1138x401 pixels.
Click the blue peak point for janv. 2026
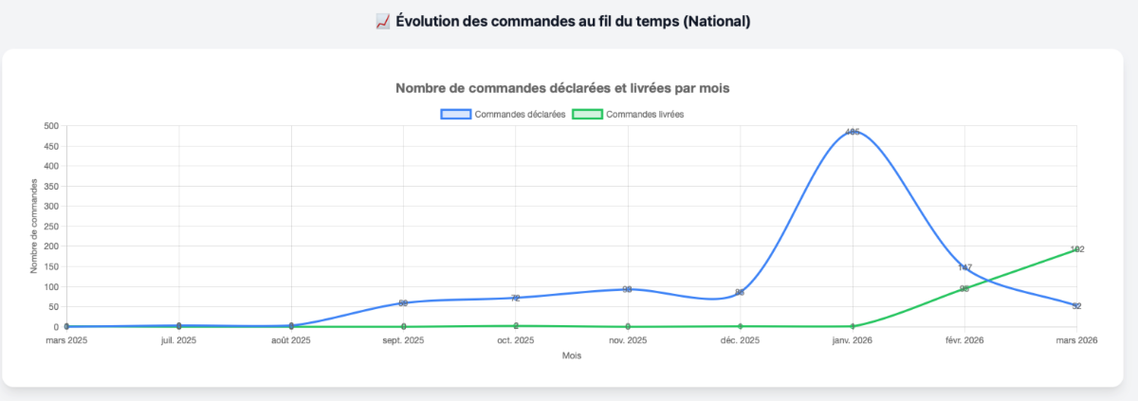tap(853, 132)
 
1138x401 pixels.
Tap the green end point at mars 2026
tap(1076, 249)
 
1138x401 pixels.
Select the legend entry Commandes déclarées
tap(503, 114)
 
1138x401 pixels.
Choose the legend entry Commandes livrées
tap(630, 114)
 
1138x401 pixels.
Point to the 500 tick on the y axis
tap(50, 126)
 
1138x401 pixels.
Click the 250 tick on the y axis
tap(50, 227)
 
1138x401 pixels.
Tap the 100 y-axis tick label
tap(50, 286)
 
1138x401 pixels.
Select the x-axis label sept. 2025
tap(403, 340)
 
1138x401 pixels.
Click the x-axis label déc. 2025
tap(740, 340)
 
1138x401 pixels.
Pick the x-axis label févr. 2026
tap(964, 340)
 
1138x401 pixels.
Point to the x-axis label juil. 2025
tap(178, 340)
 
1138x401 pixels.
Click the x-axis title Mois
tap(571, 356)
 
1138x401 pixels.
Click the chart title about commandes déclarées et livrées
tap(561, 88)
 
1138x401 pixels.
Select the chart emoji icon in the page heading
tap(383, 21)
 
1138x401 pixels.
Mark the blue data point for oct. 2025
tap(515, 298)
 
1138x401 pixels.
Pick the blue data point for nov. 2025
tap(628, 289)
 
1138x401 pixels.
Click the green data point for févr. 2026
tap(964, 288)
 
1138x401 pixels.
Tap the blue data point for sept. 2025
tap(403, 303)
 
